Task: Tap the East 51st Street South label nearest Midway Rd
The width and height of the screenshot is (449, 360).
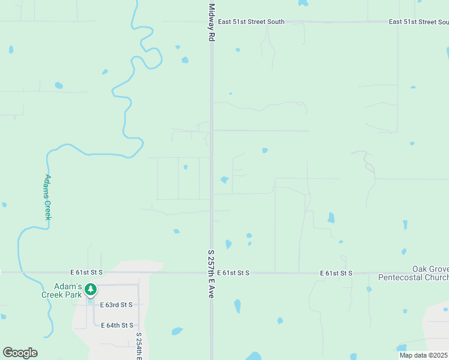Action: [x=251, y=22]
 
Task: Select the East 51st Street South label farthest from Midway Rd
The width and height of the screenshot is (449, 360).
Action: [x=418, y=22]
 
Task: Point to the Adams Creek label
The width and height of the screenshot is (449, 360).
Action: [x=47, y=197]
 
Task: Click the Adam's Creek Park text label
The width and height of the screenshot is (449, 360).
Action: [x=61, y=290]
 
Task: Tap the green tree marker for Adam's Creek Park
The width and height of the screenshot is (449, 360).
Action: [x=90, y=290]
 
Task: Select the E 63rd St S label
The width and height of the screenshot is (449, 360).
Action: [x=116, y=305]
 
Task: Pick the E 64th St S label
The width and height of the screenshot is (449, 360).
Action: [x=116, y=325]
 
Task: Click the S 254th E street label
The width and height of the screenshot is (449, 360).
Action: [x=139, y=346]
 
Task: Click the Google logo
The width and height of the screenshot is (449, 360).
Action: [x=20, y=353]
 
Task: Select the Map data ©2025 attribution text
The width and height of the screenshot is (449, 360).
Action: [x=423, y=355]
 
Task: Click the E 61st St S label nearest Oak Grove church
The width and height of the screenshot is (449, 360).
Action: [x=336, y=273]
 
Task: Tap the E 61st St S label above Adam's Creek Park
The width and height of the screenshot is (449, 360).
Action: [x=86, y=273]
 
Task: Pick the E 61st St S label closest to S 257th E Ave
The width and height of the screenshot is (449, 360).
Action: [x=233, y=273]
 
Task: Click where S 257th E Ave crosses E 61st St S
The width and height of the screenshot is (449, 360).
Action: [x=211, y=273]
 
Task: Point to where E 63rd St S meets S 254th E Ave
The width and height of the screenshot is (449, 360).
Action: [x=139, y=305]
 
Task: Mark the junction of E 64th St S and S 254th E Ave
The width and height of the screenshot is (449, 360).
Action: [x=139, y=325]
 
